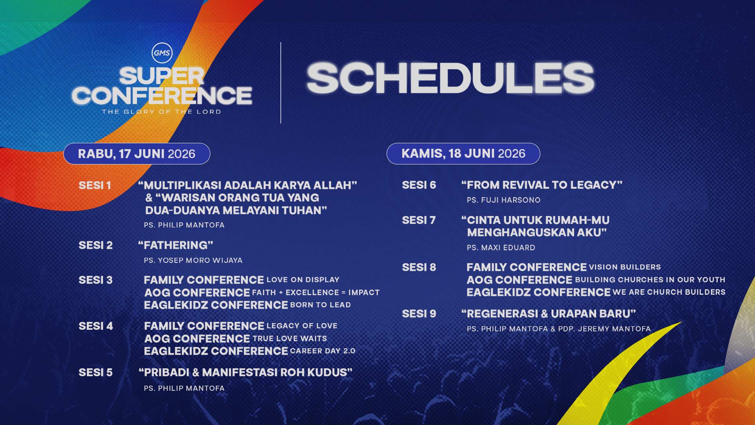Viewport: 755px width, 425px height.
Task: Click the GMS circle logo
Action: [x=162, y=53]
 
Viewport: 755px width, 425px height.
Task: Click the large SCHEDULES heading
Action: [x=450, y=78]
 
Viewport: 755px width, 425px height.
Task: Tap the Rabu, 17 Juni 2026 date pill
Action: [x=136, y=153]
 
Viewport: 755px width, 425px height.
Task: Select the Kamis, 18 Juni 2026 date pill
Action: [x=463, y=153]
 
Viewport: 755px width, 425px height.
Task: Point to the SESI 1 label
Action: [x=95, y=185]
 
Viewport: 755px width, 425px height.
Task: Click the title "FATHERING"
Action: [x=175, y=245]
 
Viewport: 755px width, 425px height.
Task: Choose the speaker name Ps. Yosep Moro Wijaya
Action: [x=193, y=261]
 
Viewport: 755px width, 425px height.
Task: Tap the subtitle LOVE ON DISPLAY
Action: [x=303, y=280]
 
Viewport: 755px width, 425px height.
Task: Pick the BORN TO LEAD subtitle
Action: [x=320, y=305]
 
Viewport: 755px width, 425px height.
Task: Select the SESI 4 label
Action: [x=96, y=326]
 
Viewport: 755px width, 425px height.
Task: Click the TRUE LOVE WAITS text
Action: [x=289, y=338]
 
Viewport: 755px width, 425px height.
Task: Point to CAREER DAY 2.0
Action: [x=322, y=351]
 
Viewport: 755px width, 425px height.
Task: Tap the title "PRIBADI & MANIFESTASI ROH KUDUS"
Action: [x=245, y=372]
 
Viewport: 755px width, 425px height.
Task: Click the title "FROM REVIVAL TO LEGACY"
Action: [x=541, y=185]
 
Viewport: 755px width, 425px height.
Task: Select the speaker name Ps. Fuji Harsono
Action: [x=503, y=200]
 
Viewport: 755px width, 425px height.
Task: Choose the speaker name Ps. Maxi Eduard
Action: [x=501, y=248]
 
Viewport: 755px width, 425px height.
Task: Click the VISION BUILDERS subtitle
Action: [x=624, y=267]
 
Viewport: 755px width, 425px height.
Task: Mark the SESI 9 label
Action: [x=419, y=314]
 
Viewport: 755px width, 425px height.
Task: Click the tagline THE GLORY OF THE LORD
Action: [x=161, y=112]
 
